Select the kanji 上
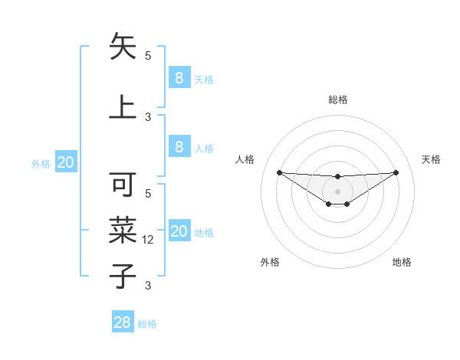(x=123, y=106)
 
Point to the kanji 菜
(x=123, y=230)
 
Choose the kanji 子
(x=123, y=275)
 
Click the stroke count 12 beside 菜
(x=149, y=240)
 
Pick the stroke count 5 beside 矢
(x=148, y=55)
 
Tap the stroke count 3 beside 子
(x=148, y=286)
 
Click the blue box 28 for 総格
(x=123, y=322)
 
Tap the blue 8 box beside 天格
(x=179, y=77)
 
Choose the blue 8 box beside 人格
(x=179, y=146)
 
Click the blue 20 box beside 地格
(x=179, y=231)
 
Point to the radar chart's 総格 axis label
(x=338, y=100)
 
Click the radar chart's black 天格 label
(x=431, y=159)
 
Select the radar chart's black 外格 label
(x=270, y=262)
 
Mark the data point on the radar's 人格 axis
(x=279, y=172)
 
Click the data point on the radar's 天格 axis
(x=396, y=172)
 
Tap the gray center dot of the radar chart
(x=337, y=191)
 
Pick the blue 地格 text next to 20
(x=204, y=233)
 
